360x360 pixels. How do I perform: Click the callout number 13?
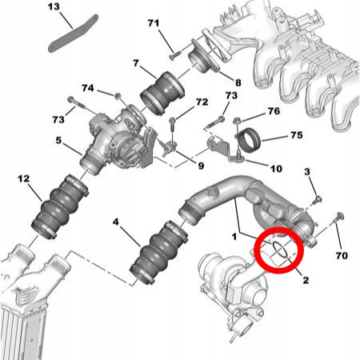pyautogui.click(x=54, y=6)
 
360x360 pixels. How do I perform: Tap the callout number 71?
pyautogui.click(x=154, y=23)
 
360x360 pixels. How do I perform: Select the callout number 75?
pyautogui.click(x=297, y=135)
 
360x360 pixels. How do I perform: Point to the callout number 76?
pyautogui.click(x=274, y=110)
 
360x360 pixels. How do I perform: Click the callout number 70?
pyautogui.click(x=342, y=255)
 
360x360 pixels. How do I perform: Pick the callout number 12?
pyautogui.click(x=24, y=178)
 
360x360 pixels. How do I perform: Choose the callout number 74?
pyautogui.click(x=88, y=88)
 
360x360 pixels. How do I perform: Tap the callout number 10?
pyautogui.click(x=276, y=169)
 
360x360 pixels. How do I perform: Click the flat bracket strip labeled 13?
pyautogui.click(x=74, y=33)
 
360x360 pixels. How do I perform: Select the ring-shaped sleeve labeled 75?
pyautogui.click(x=250, y=140)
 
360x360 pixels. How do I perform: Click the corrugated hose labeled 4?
pyautogui.click(x=159, y=251)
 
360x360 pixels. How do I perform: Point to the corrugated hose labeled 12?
pyautogui.click(x=60, y=206)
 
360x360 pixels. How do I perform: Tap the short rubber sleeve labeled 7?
pyautogui.click(x=162, y=93)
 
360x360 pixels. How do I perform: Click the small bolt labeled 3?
pyautogui.click(x=318, y=199)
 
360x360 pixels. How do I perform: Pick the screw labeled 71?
pyautogui.click(x=175, y=54)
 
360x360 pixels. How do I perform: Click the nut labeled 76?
pyautogui.click(x=237, y=121)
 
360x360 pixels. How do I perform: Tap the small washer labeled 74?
pyautogui.click(x=118, y=96)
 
